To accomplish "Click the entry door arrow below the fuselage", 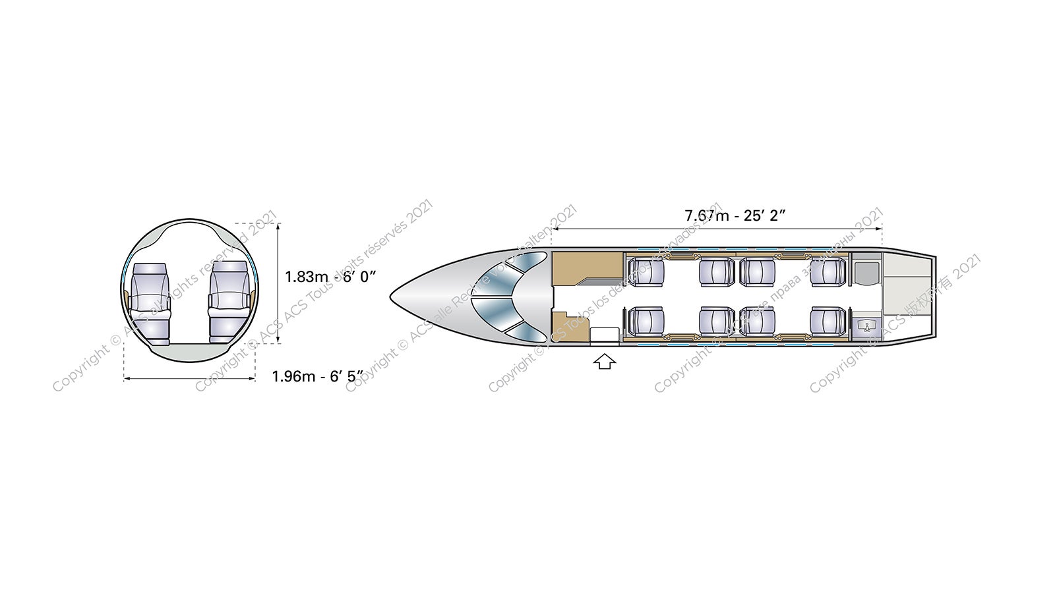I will tap(605, 362).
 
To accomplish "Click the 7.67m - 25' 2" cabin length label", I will tap(735, 215).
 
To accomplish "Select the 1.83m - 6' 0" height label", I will tap(330, 276).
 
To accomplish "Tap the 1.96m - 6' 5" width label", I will tap(317, 377).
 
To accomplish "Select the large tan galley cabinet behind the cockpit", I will tap(587, 268).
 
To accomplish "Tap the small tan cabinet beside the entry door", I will tap(562, 326).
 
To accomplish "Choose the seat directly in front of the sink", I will tap(828, 321).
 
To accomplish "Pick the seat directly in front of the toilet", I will tap(828, 272).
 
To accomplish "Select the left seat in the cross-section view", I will tap(150, 302).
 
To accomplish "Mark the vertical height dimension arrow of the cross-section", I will tap(278, 283).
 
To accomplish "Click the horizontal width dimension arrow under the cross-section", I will tap(189, 378).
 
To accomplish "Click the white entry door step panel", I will tap(603, 335).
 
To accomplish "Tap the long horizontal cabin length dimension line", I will tap(717, 229).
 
